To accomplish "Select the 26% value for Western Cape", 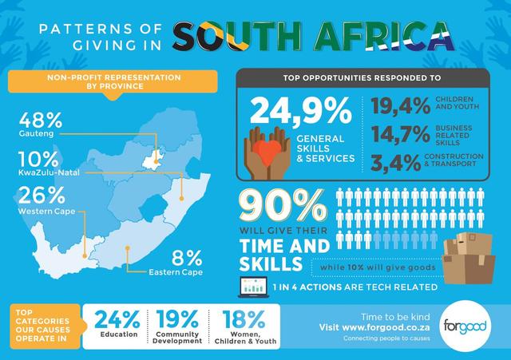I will tap(41, 197).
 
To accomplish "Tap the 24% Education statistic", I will tap(119, 319).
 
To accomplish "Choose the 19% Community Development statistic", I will tap(179, 319).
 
